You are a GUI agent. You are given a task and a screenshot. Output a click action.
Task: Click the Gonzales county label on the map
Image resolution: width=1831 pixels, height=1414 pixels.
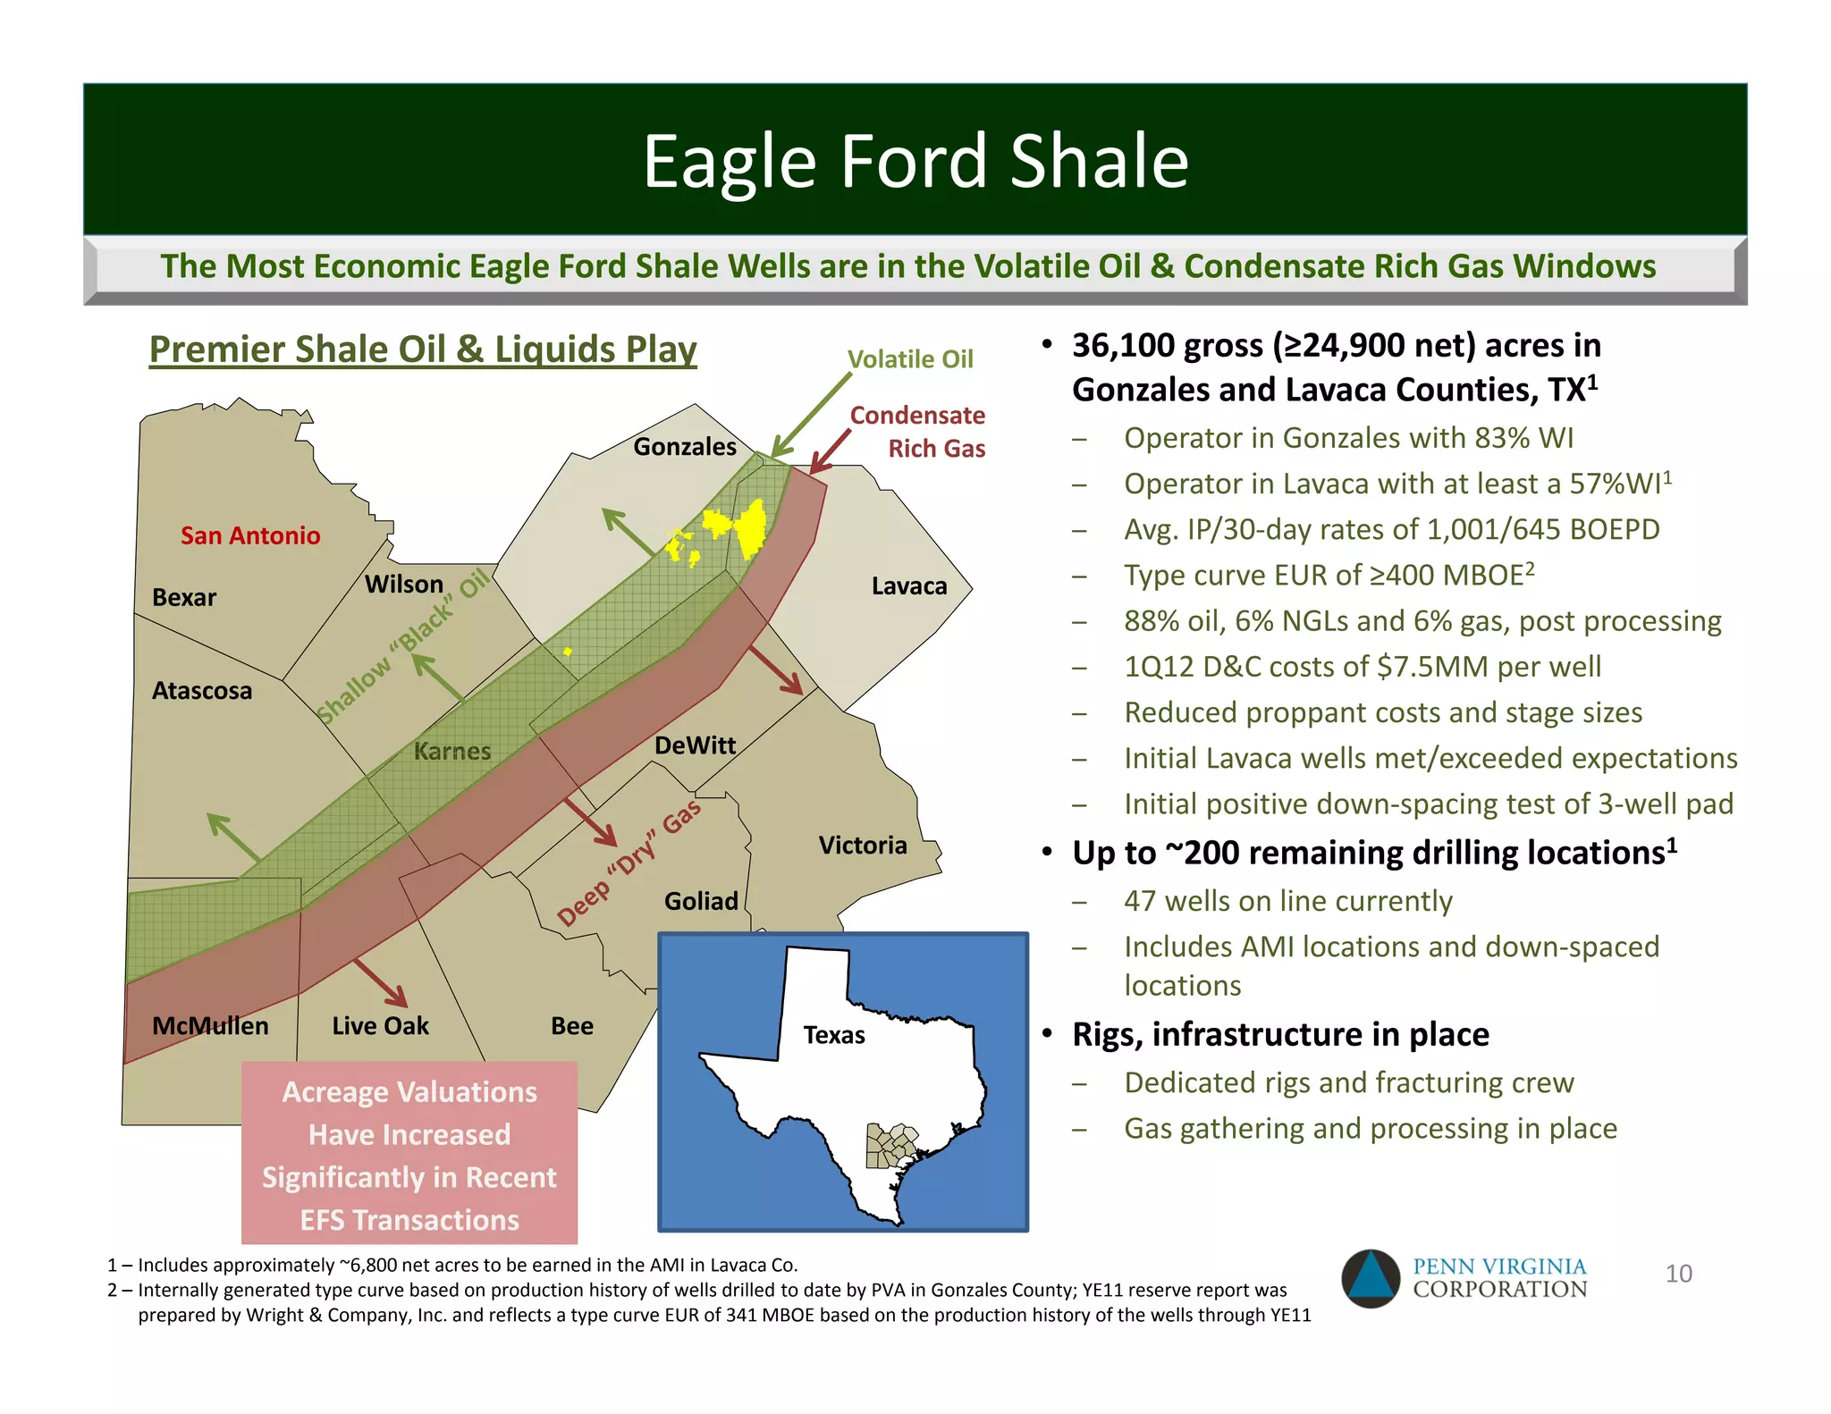pos(685,446)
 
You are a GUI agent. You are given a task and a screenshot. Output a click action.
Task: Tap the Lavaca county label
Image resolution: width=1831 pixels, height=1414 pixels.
pos(908,586)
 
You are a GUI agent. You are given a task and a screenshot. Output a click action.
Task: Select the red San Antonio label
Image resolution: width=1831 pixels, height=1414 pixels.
pos(250,535)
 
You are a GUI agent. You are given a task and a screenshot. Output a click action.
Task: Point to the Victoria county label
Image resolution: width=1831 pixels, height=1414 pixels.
pos(863,846)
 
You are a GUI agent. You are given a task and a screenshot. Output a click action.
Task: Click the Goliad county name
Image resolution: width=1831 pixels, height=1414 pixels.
pos(701,901)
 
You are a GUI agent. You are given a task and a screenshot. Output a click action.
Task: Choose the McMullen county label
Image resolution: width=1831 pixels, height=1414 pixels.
pos(210,1025)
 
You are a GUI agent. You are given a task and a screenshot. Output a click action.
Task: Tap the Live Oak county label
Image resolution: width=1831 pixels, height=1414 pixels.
pos(380,1026)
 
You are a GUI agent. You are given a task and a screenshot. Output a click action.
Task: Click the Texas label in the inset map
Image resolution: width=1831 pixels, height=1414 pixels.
pos(833,1035)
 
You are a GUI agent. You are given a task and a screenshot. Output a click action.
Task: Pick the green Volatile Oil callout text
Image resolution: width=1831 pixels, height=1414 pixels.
pos(909,359)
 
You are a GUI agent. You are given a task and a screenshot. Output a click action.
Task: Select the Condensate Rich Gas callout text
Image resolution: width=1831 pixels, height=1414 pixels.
pos(918,432)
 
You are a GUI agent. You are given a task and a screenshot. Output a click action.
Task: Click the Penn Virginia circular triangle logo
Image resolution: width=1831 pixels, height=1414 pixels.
pos(1370,1278)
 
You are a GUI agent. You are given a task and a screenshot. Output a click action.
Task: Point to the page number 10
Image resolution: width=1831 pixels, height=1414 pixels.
pos(1678,1274)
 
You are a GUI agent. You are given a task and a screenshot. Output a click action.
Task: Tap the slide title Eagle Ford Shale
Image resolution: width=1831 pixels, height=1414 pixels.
pos(915,161)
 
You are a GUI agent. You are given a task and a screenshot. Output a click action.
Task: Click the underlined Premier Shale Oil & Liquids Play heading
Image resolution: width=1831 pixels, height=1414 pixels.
pos(423,349)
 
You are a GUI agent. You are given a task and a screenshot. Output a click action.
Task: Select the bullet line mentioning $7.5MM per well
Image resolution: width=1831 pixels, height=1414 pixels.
pos(1362,667)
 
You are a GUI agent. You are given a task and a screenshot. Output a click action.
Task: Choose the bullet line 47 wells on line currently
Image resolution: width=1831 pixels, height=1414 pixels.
pos(1287,901)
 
